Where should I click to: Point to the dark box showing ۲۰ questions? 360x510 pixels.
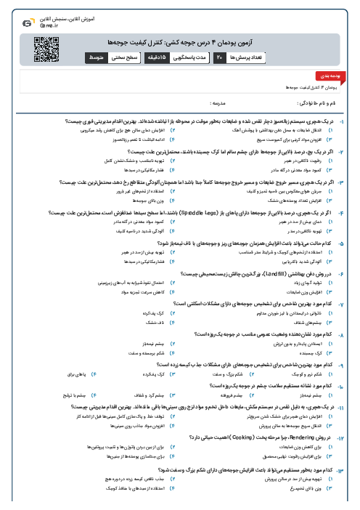[218, 57]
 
